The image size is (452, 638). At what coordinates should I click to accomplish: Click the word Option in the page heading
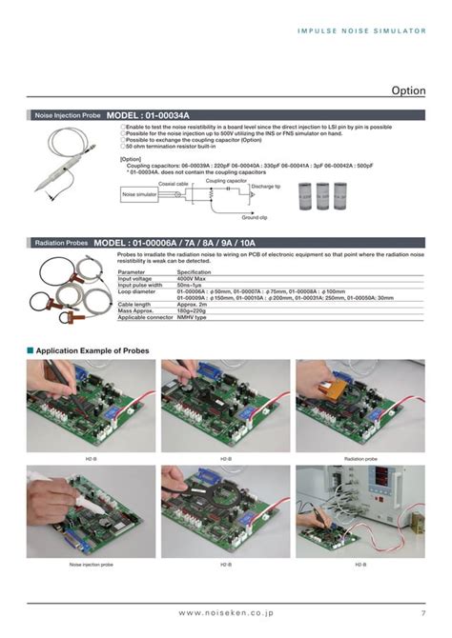coord(408,90)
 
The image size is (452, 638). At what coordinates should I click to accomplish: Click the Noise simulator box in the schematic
coord(138,195)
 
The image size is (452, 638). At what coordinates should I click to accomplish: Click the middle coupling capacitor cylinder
coord(324,197)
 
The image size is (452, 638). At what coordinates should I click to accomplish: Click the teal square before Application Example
coord(31,350)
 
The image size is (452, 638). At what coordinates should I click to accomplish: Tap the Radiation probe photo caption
coord(361,458)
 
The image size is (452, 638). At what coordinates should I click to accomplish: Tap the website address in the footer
coord(225,611)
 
